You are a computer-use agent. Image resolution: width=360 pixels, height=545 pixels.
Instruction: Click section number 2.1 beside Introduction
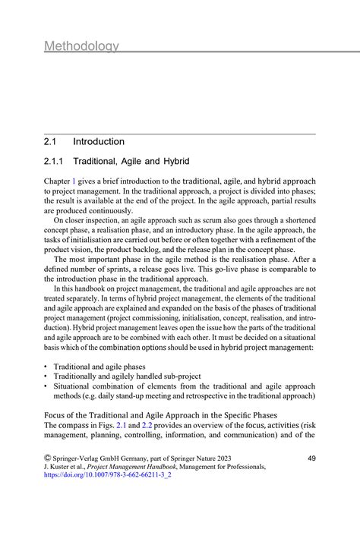click(x=52, y=141)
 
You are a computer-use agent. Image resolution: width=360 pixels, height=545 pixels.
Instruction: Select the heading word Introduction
click(x=99, y=141)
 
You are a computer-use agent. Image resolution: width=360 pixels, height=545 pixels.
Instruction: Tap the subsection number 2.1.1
click(x=55, y=162)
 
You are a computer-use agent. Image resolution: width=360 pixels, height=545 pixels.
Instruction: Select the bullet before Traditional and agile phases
click(x=46, y=366)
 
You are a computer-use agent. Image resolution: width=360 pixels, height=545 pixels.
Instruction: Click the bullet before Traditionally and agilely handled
click(x=46, y=376)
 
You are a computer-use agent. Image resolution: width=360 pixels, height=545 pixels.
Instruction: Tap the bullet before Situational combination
click(x=46, y=386)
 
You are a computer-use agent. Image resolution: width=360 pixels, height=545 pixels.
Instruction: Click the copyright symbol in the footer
click(x=48, y=458)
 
